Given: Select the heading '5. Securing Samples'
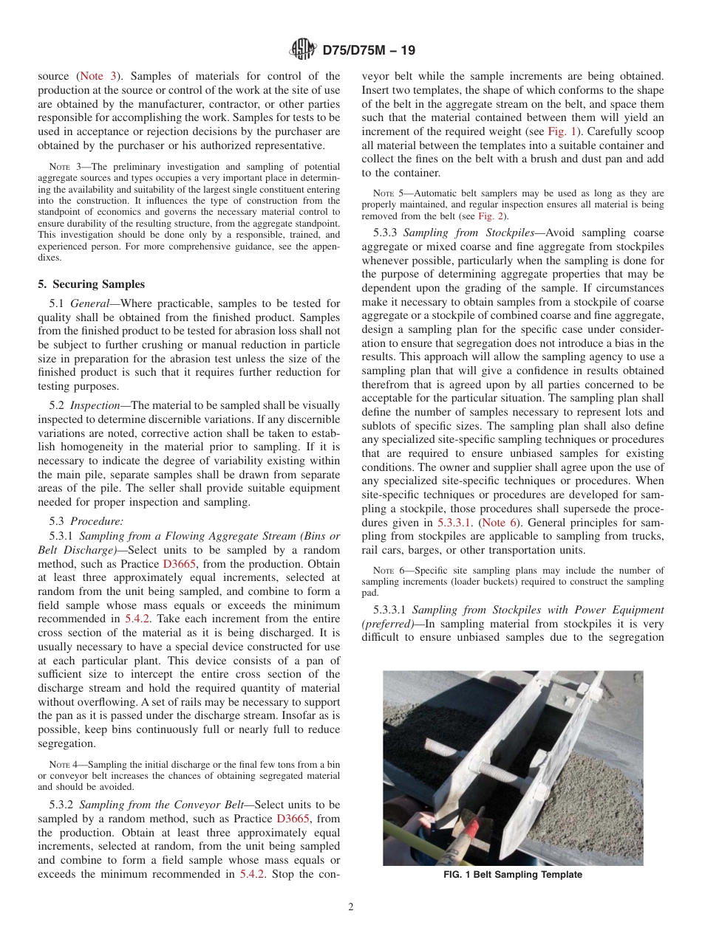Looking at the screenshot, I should tap(92, 284).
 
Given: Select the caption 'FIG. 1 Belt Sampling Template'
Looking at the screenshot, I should tap(513, 875).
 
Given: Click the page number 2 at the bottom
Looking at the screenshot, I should tap(351, 907).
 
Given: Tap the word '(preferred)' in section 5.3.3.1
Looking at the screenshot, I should tap(386, 623).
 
